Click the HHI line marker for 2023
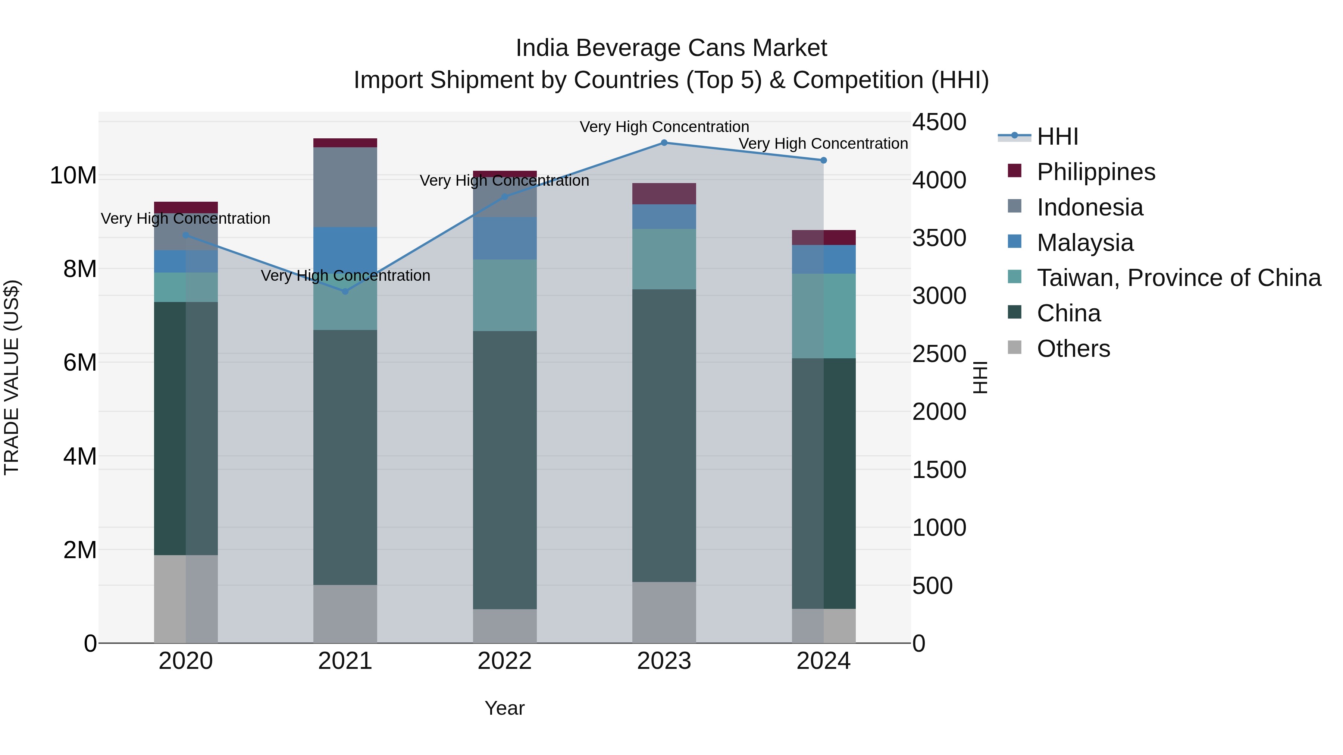(x=664, y=143)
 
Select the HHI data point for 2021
(x=345, y=291)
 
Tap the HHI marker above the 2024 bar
(x=823, y=160)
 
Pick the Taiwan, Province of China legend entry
(x=1178, y=278)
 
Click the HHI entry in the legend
(x=1057, y=136)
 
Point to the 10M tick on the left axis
(x=73, y=176)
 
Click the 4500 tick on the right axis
(x=939, y=122)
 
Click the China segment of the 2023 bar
(x=664, y=435)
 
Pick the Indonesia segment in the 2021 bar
(x=345, y=187)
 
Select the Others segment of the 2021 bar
(x=345, y=613)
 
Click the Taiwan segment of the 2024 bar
(x=823, y=316)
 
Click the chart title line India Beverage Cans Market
(x=671, y=48)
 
